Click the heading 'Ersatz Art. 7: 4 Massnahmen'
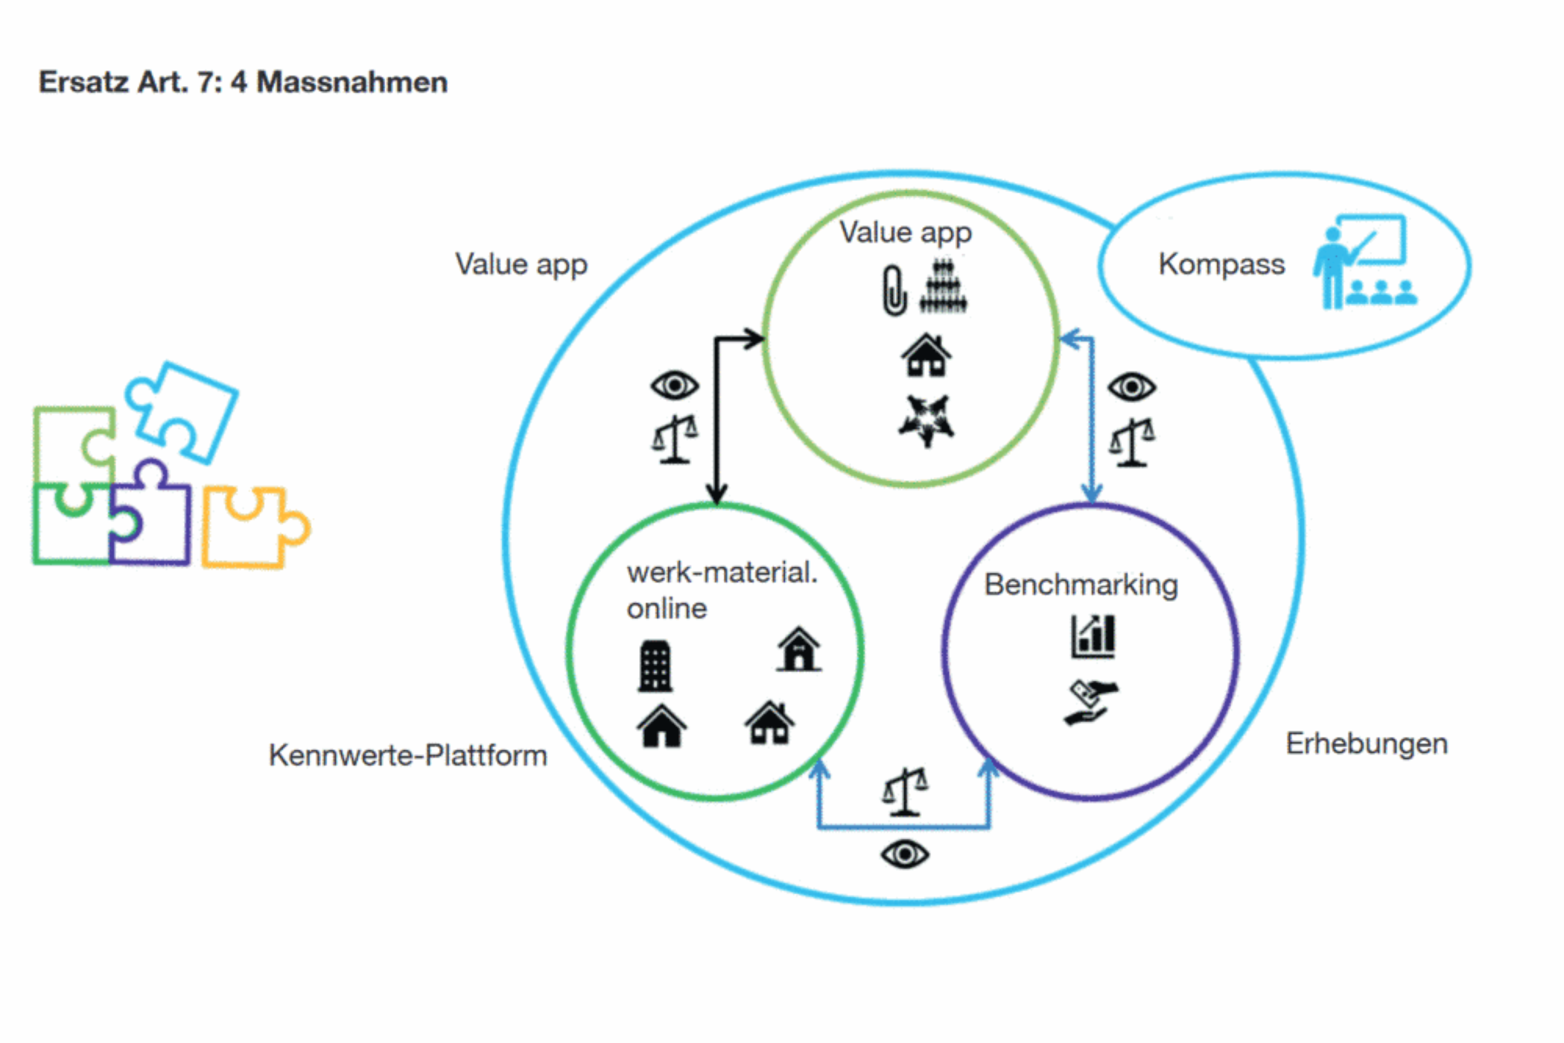(x=243, y=82)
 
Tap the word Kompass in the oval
(x=1221, y=264)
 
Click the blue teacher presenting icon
(x=1365, y=261)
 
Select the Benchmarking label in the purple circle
(x=1081, y=586)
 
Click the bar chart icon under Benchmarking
(x=1093, y=636)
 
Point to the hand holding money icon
(x=1090, y=702)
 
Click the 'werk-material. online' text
(x=722, y=590)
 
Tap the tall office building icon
(x=655, y=665)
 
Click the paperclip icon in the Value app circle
(x=894, y=290)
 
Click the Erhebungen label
(x=1367, y=744)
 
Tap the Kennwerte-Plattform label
(x=408, y=755)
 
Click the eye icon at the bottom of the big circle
(x=905, y=854)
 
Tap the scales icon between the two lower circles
(x=905, y=792)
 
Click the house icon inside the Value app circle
(x=926, y=355)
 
